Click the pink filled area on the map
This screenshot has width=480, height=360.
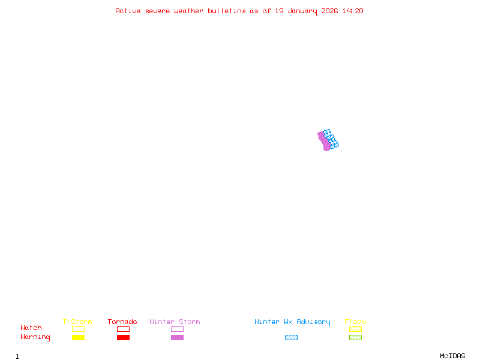324,142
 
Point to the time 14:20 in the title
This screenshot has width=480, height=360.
353,11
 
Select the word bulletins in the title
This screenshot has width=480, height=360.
227,11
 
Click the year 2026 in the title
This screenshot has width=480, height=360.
329,11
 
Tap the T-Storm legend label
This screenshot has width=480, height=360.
77,322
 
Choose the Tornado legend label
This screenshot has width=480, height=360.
122,322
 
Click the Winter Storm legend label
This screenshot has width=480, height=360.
175,322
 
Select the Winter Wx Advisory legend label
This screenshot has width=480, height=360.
292,322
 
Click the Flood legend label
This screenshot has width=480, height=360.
355,322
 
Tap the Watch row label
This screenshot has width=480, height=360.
31,328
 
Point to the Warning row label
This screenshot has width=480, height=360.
35,337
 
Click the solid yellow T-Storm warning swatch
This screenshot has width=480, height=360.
78,338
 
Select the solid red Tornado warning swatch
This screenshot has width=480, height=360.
123,338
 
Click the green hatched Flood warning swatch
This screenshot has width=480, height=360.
355,338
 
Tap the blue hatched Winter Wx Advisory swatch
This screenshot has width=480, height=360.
291,338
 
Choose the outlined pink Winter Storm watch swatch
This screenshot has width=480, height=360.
177,329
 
